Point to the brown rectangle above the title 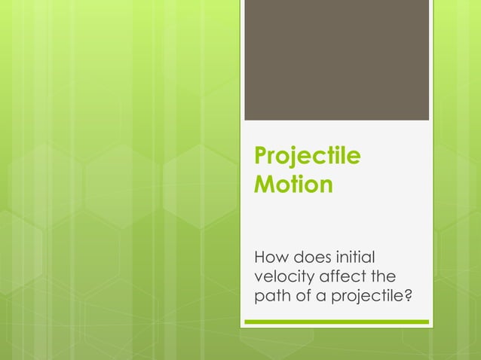(336, 59)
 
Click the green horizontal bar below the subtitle (336, 322)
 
